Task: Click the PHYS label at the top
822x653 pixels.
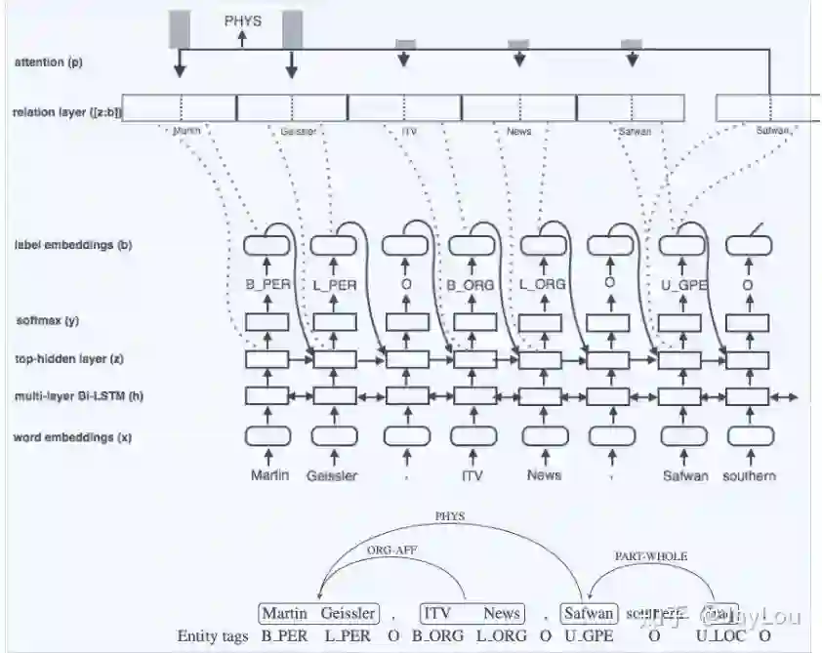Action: pos(243,19)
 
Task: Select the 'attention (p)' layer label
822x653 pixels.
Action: pos(49,62)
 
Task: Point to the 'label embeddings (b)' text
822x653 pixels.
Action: pos(73,245)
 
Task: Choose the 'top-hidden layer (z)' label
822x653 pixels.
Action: pos(68,359)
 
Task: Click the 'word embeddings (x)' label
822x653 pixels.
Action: pos(72,437)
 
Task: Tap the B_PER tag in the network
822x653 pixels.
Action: pos(268,285)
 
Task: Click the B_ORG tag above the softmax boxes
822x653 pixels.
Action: pos(470,285)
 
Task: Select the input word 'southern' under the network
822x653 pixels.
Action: pos(749,475)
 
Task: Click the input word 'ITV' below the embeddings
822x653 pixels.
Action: pos(473,475)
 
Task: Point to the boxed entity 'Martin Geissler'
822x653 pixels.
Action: pos(318,613)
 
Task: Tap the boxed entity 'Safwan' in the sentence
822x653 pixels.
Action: pos(589,613)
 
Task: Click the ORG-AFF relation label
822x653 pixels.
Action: pos(391,550)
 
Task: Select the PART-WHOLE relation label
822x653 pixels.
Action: pos(651,555)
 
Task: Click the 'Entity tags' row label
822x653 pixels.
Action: pos(212,635)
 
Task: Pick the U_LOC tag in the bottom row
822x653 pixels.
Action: pos(717,635)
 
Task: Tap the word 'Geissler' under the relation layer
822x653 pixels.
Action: pos(298,131)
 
